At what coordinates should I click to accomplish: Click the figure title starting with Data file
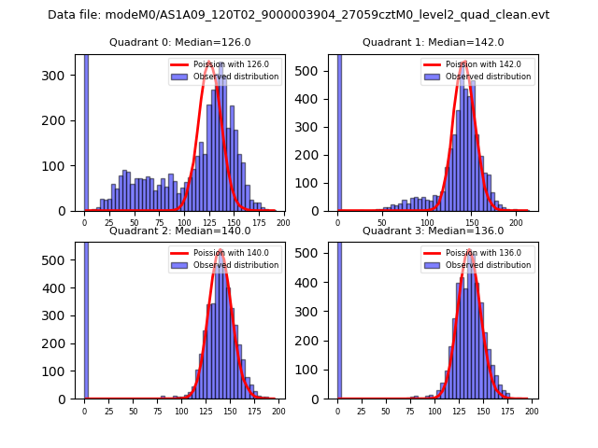point(299,15)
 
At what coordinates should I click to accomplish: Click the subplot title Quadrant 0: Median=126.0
point(179,42)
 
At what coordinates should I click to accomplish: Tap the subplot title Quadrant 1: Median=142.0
point(433,42)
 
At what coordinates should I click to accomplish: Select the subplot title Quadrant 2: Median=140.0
point(179,231)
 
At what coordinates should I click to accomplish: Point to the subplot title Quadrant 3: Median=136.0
point(433,231)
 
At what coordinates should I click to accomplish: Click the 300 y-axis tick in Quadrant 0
point(63,76)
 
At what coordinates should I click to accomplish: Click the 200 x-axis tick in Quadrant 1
point(516,222)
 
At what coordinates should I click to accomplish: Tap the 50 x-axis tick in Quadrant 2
point(133,411)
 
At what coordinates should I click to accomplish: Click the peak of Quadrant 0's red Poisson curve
point(211,64)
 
